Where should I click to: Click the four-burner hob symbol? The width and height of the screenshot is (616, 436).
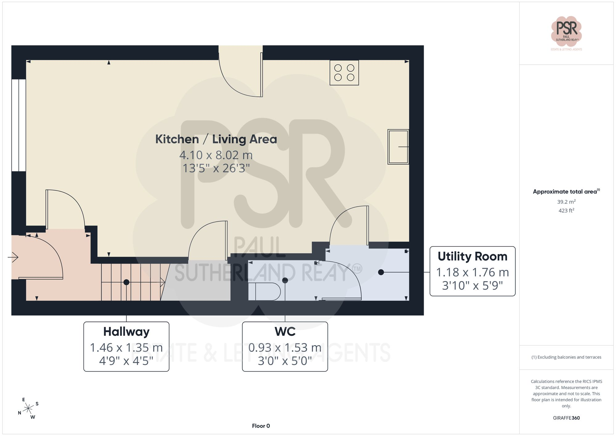(x=344, y=73)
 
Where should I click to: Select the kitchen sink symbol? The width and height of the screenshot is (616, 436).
(x=398, y=147)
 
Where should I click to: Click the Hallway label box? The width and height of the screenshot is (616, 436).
(x=126, y=347)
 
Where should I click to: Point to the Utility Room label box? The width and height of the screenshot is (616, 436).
(x=472, y=271)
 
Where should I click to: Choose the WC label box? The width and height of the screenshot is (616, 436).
(x=285, y=347)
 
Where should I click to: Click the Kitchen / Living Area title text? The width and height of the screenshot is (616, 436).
(x=216, y=139)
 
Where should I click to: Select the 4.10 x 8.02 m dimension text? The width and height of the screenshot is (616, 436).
(x=216, y=155)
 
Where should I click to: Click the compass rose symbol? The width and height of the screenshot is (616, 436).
(x=28, y=409)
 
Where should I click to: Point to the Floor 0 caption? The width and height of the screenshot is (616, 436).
(x=261, y=426)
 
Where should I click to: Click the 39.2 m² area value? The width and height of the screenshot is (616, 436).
(x=566, y=202)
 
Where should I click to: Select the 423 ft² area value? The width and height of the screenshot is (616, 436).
(x=566, y=210)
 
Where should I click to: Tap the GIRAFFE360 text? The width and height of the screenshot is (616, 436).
(x=566, y=418)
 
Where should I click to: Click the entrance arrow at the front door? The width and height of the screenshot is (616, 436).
(x=13, y=257)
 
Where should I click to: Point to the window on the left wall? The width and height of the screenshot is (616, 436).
(x=18, y=125)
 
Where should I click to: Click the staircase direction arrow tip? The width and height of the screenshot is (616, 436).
(x=165, y=282)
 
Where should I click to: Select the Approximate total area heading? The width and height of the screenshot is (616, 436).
(x=566, y=191)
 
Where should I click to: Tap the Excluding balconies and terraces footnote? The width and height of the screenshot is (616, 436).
(x=566, y=357)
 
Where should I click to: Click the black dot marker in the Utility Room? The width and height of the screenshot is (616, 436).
(x=381, y=272)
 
